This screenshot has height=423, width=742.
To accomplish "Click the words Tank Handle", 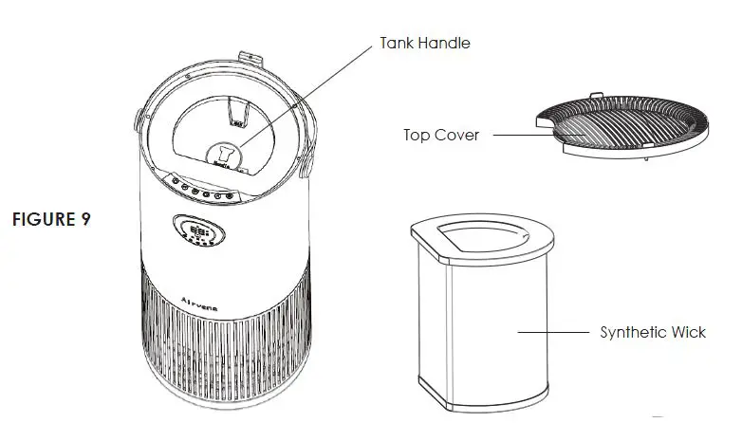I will point(424,43).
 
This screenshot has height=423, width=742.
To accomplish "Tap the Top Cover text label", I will point(441,135).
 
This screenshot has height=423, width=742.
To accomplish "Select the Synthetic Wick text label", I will point(653,332).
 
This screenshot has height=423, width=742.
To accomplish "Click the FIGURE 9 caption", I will point(51,219).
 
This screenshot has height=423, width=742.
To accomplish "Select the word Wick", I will point(687,332).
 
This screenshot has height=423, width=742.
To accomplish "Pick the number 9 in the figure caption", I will point(86,219).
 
